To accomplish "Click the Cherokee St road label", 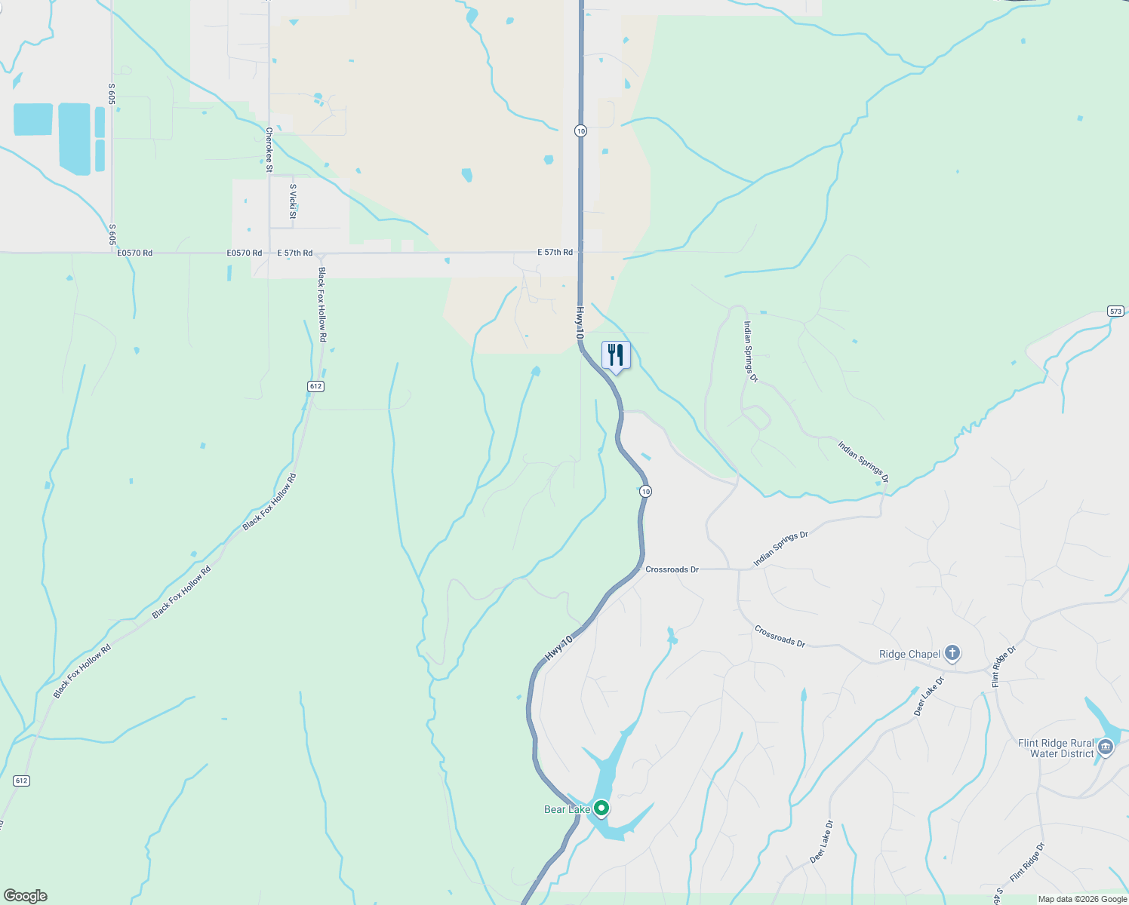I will (269, 149).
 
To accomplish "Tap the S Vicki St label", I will (293, 201).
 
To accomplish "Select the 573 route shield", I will (1115, 311).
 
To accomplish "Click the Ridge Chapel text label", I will (909, 654).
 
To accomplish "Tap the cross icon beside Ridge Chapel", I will (952, 652).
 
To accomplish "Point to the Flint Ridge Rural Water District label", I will (1055, 748).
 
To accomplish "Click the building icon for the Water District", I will (1106, 747).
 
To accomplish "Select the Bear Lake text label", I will (567, 809).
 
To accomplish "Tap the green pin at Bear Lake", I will (601, 808).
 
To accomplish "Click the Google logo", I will (25, 896).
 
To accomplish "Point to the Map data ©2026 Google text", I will (1082, 899).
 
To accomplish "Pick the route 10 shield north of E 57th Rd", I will (580, 130).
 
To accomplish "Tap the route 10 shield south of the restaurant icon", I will (644, 491).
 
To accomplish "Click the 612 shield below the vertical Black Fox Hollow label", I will (315, 386).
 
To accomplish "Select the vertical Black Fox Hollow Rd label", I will (322, 305).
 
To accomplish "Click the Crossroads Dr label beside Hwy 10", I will (672, 569).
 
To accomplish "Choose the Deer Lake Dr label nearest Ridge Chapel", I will (928, 696).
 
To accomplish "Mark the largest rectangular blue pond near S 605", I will (74, 138).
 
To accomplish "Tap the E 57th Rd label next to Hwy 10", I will (555, 252).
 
